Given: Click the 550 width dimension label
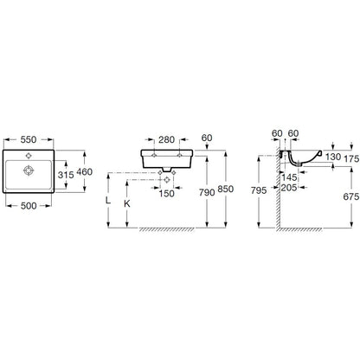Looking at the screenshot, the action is pyautogui.click(x=29, y=139).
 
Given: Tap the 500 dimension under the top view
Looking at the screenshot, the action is pyautogui.click(x=29, y=206).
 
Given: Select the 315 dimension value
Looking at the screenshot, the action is pyautogui.click(x=66, y=175).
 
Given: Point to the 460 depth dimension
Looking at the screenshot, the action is pyautogui.click(x=85, y=172).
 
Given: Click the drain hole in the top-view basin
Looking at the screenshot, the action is pyautogui.click(x=29, y=170).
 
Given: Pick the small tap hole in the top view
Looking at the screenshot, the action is pyautogui.click(x=29, y=156).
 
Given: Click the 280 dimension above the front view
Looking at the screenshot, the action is pyautogui.click(x=167, y=139).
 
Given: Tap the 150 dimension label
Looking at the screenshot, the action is pyautogui.click(x=167, y=194).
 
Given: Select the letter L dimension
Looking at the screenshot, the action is pyautogui.click(x=108, y=200).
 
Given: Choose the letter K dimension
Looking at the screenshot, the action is pyautogui.click(x=127, y=203).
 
